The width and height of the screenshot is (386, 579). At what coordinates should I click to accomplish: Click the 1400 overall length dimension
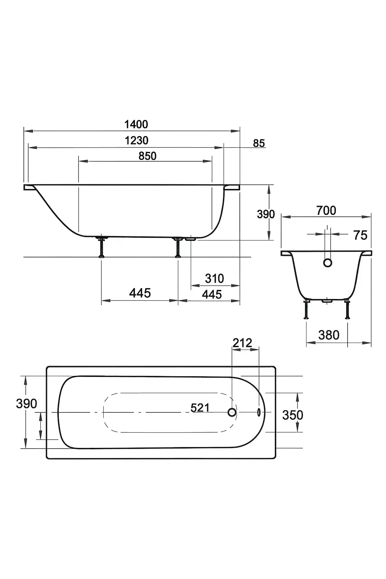click(136, 124)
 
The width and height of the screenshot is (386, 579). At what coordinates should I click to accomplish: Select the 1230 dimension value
click(136, 140)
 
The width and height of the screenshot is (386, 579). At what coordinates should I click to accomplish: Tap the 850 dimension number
click(147, 156)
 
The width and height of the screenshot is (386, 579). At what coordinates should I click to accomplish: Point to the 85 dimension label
click(259, 143)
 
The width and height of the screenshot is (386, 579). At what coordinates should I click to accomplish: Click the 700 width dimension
click(326, 211)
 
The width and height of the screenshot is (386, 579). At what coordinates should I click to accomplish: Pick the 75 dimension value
click(360, 235)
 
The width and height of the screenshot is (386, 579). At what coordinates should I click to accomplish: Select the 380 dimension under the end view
click(329, 335)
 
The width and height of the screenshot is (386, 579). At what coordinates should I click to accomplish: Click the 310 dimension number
click(214, 279)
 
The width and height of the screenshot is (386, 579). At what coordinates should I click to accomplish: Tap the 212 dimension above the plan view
click(242, 343)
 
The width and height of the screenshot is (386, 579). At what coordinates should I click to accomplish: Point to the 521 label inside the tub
click(200, 408)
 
